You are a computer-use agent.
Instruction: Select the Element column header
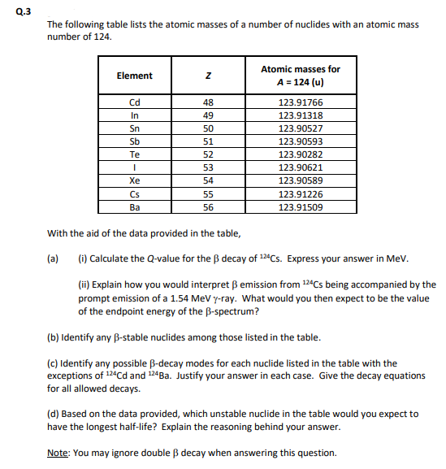click(x=134, y=76)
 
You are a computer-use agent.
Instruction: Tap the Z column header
click(x=207, y=76)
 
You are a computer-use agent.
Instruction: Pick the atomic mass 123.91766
click(x=301, y=102)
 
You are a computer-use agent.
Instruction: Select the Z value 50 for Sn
click(x=207, y=128)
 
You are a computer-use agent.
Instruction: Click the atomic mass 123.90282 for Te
click(x=301, y=154)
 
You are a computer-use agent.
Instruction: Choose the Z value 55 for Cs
click(x=207, y=194)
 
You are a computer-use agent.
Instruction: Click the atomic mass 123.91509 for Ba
click(x=301, y=207)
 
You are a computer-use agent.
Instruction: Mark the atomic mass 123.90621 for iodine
click(x=301, y=167)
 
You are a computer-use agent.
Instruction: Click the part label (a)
click(x=54, y=259)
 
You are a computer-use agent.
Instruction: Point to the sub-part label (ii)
click(x=84, y=285)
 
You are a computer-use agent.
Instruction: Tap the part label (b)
click(x=54, y=337)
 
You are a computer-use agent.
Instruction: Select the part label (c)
click(x=54, y=363)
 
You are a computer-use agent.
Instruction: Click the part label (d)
click(x=54, y=414)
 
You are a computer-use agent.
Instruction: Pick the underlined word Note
click(x=58, y=453)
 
